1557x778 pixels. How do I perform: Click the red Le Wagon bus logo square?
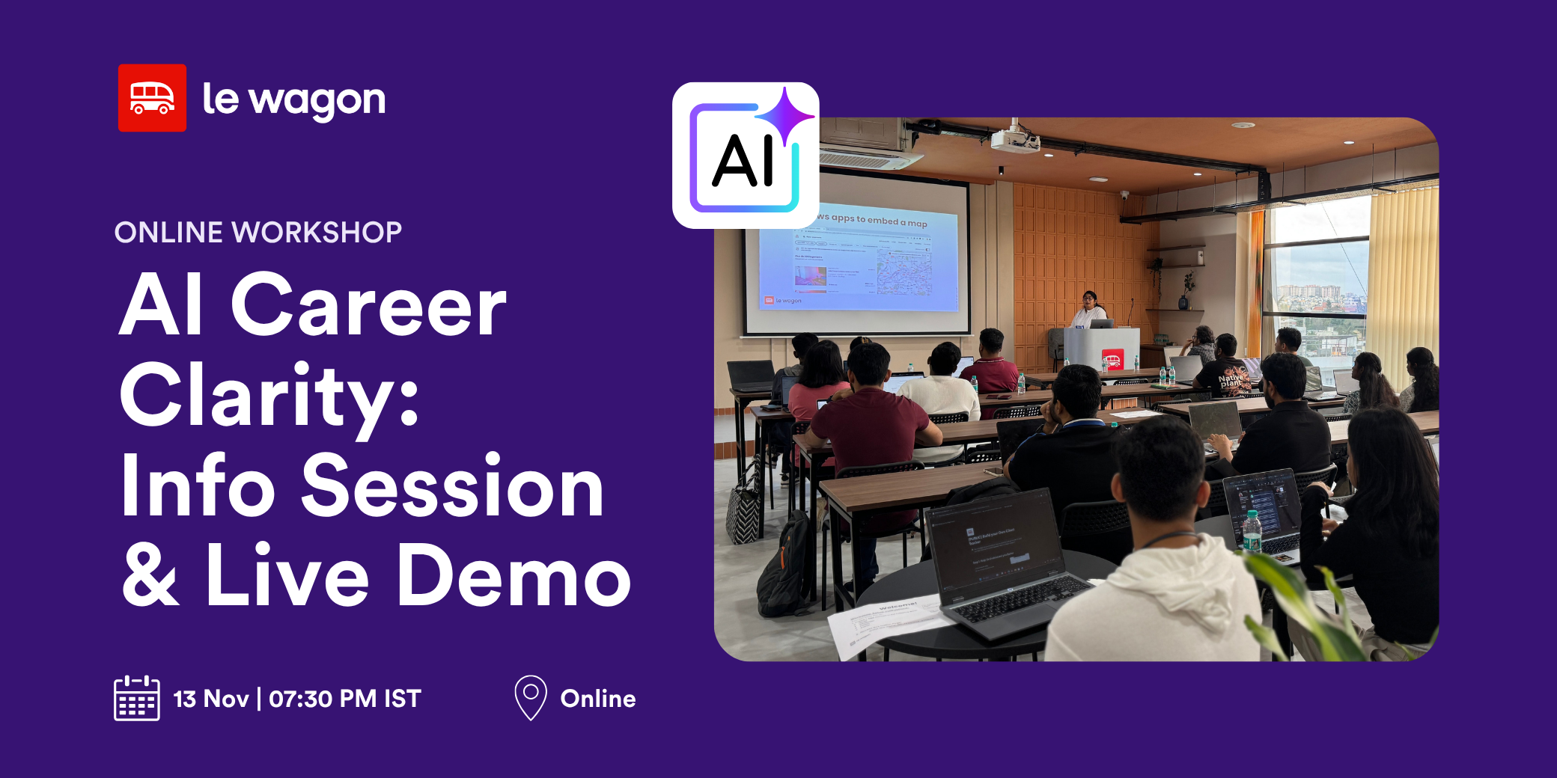[152, 98]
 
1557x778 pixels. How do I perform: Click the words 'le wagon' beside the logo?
[293, 100]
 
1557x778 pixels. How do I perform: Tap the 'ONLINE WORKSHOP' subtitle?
[258, 232]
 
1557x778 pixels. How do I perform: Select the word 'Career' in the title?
[368, 306]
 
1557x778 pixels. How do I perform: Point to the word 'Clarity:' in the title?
[269, 395]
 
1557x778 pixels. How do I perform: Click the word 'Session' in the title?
[452, 487]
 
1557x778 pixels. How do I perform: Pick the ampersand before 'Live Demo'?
[151, 577]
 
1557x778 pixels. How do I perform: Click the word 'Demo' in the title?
[514, 577]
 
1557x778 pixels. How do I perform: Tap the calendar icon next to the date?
[136, 698]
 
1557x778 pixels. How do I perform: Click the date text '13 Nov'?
[211, 699]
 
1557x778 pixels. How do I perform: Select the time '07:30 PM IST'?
[345, 699]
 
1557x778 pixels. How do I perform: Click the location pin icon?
[531, 697]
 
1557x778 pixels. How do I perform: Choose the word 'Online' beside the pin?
[598, 699]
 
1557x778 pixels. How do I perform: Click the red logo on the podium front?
[1112, 361]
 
